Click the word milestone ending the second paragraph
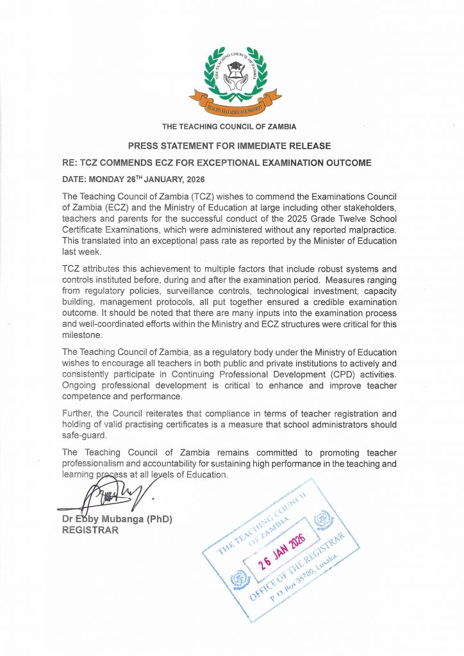click(82, 334)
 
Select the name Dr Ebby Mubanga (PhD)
click(117, 520)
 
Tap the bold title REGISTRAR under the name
click(90, 530)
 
